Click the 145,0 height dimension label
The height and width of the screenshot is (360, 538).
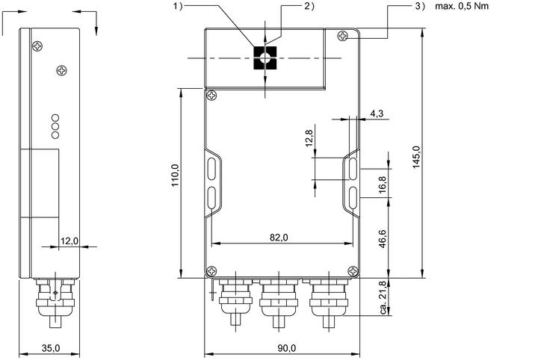[416, 157]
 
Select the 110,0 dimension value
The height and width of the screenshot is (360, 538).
[176, 176]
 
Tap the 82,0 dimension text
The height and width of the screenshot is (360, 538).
[279, 238]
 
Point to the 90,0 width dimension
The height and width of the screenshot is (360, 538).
[286, 348]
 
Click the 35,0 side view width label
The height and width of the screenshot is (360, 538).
[51, 348]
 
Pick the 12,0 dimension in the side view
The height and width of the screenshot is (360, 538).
[69, 240]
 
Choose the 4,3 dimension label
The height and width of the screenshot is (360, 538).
[377, 113]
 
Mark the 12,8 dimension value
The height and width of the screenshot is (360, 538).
[309, 138]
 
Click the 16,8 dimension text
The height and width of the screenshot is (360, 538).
[383, 184]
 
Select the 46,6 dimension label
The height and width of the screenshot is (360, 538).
[383, 238]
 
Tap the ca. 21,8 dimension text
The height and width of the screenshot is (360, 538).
[383, 297]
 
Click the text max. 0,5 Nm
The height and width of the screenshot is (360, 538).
[462, 6]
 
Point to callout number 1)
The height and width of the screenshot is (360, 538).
[178, 6]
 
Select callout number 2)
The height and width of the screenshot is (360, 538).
[309, 6]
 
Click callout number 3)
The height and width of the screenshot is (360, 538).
[420, 6]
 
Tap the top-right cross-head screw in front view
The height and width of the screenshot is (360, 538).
[343, 36]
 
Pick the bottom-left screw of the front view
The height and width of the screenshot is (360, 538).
[211, 271]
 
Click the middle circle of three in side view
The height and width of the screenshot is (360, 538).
[55, 126]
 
